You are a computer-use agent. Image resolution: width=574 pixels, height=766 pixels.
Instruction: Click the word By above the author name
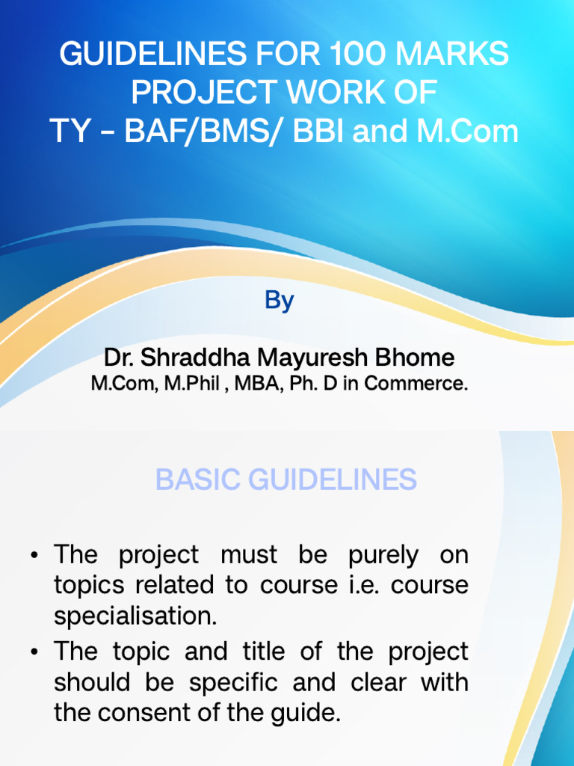[279, 301]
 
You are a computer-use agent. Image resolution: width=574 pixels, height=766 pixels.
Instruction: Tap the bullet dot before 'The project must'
[34, 557]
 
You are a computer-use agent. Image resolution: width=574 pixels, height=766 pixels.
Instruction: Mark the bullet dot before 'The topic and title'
[34, 652]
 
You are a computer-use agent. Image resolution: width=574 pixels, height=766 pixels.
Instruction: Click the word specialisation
[135, 616]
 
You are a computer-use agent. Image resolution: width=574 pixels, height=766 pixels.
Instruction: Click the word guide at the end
[308, 714]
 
